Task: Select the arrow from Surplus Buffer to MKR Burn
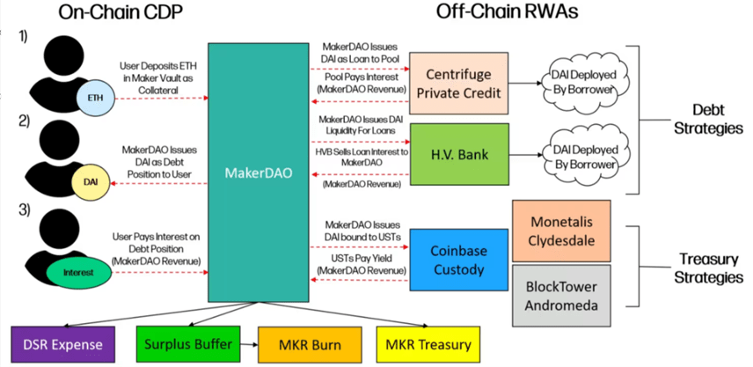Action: point(246,343)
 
